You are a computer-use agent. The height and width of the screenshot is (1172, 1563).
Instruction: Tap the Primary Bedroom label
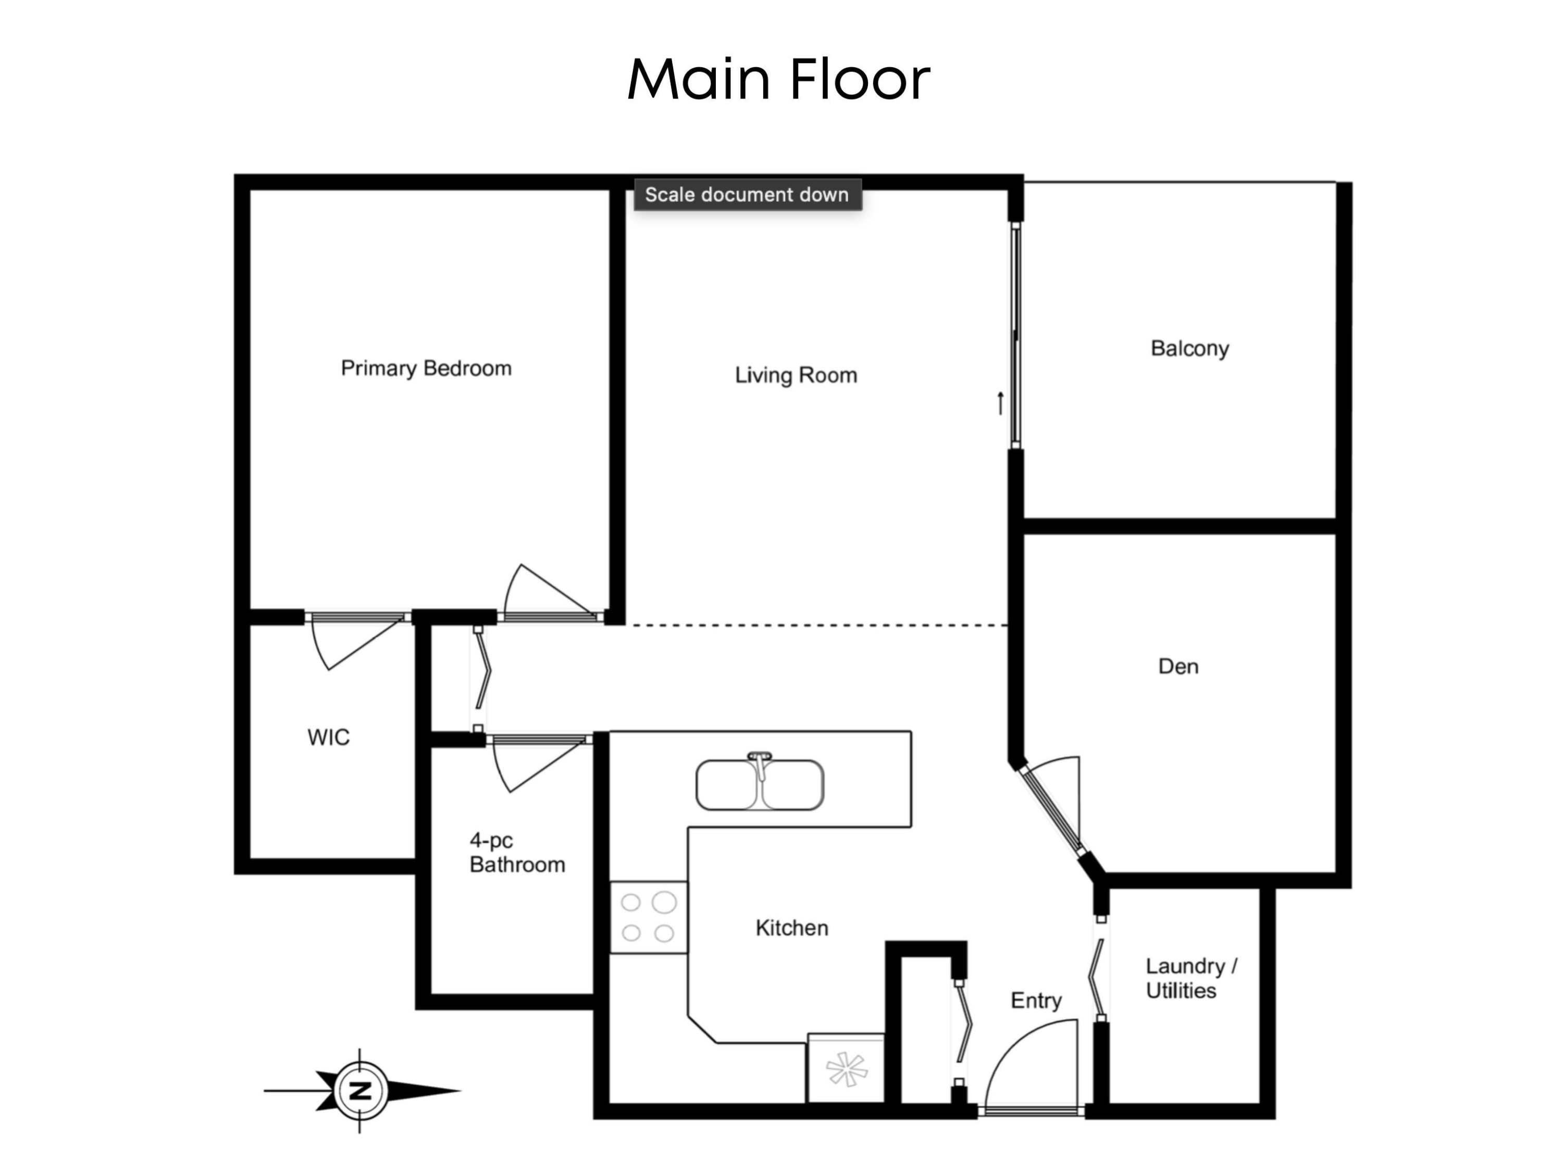426,368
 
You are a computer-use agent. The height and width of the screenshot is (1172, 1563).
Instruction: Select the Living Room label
796,375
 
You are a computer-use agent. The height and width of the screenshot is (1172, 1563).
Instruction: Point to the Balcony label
1189,349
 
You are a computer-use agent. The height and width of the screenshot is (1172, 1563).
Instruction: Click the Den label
1178,666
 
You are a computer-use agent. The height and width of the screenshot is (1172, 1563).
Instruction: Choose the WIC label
329,737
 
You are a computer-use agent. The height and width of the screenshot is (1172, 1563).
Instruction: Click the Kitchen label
791,928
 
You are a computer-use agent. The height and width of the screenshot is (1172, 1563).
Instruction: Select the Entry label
1035,1000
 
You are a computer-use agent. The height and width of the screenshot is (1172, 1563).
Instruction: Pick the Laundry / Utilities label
1190,978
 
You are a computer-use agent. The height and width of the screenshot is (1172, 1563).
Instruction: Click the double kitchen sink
760,783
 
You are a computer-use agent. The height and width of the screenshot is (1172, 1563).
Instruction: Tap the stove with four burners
649,917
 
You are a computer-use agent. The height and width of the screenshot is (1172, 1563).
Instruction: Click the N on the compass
361,1090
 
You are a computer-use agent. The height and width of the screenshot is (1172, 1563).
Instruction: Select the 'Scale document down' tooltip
747,194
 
